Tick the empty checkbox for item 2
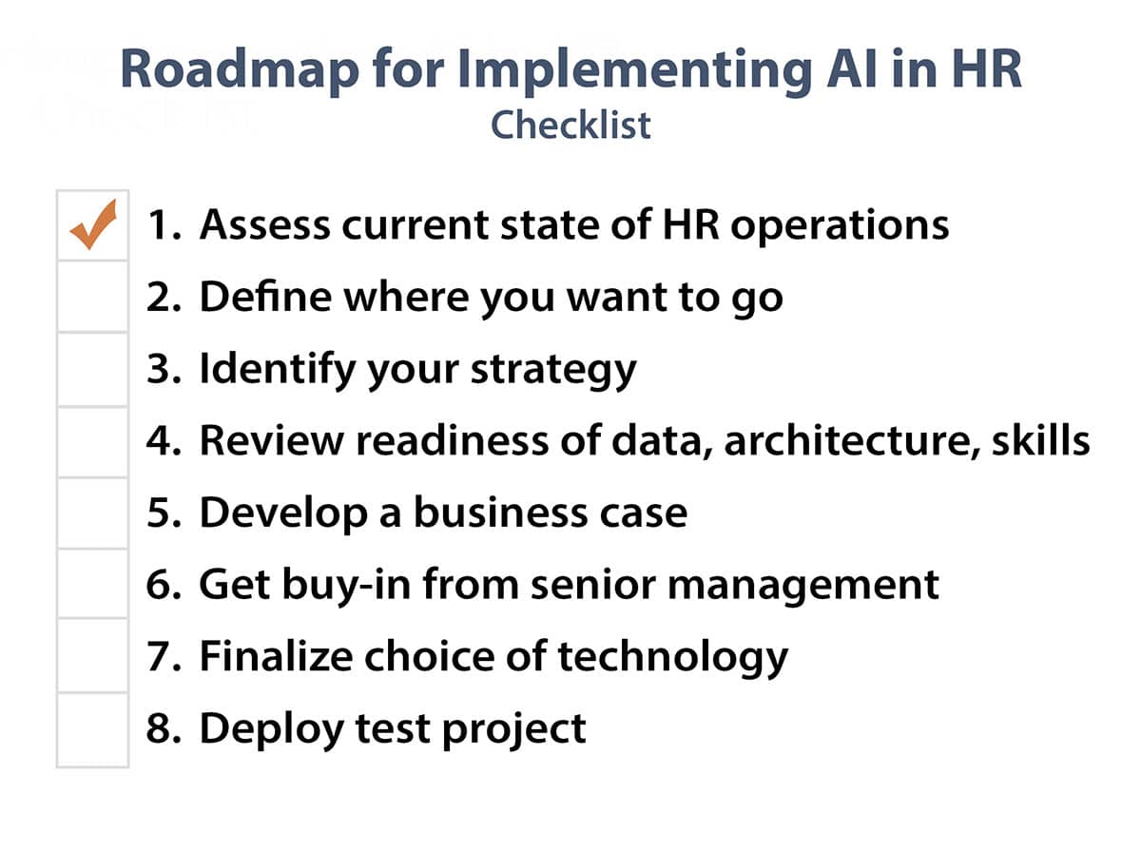tap(92, 297)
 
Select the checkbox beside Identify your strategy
tap(92, 369)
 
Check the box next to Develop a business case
tap(92, 513)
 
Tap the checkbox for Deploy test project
tap(92, 730)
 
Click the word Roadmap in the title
tap(240, 70)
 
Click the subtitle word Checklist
tap(570, 126)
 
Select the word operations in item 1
tap(840, 226)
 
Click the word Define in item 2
tap(265, 297)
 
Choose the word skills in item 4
tap(1040, 439)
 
